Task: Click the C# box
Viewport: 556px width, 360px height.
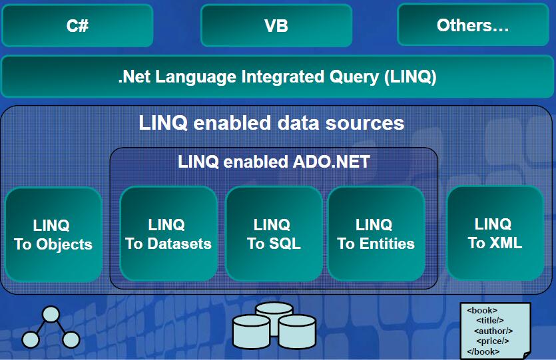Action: pos(77,26)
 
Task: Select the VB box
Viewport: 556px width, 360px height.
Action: pos(276,26)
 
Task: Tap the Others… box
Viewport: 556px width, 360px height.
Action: pos(473,26)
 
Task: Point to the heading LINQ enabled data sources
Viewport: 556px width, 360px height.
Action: pos(271,123)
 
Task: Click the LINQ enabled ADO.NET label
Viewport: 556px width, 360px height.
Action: pos(274,162)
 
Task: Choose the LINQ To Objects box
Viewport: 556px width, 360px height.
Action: pos(53,234)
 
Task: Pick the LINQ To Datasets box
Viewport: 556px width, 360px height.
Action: pos(168,234)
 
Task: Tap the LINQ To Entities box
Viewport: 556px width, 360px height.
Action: pos(376,234)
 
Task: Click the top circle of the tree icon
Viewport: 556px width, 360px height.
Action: pos(51,313)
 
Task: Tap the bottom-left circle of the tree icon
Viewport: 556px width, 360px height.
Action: pos(30,340)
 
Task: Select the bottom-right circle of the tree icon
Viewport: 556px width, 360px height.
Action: pos(71,340)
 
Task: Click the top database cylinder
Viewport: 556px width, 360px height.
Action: pos(274,311)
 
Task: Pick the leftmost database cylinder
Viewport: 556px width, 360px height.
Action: pos(251,329)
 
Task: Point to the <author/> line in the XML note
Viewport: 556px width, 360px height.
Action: pos(493,331)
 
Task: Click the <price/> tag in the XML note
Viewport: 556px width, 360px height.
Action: pos(493,341)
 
